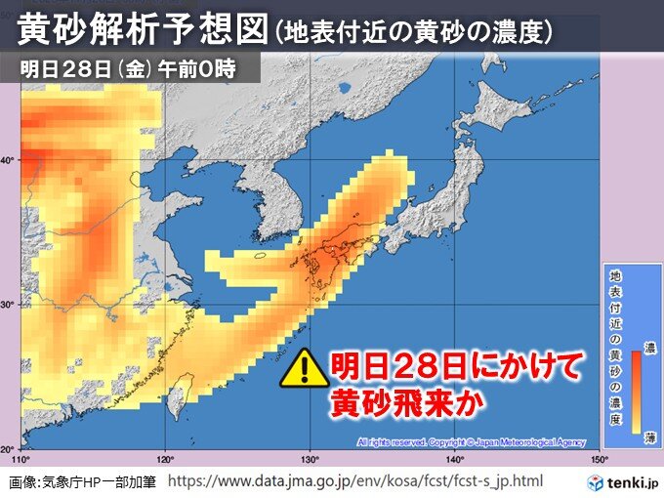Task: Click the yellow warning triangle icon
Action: (305, 368)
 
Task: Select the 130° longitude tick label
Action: (310, 458)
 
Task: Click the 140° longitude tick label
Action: (454, 458)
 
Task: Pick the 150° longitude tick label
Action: (597, 458)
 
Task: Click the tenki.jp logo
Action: (624, 482)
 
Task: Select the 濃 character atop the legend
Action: (647, 348)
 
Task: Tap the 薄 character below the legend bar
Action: (647, 439)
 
